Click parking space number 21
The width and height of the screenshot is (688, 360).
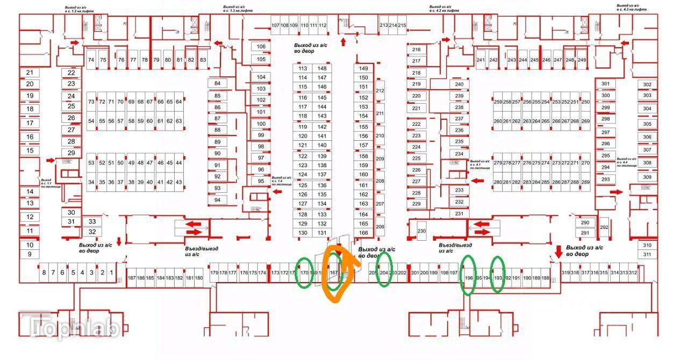click(30, 73)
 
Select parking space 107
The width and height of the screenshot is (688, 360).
click(275, 25)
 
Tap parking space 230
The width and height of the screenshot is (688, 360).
click(421, 231)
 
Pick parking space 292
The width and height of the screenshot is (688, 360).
click(604, 227)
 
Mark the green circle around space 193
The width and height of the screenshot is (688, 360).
click(498, 274)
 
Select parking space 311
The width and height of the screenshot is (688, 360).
click(647, 255)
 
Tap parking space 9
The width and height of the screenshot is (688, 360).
click(30, 254)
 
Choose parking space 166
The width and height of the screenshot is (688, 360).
click(364, 233)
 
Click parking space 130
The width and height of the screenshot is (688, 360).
click(303, 233)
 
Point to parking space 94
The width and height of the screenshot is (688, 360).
click(218, 200)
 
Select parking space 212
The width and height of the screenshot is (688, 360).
click(381, 91)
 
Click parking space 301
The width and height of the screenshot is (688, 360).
click(606, 84)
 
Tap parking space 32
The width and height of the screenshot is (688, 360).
click(92, 232)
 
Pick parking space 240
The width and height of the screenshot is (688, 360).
click(459, 84)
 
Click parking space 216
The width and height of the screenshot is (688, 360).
click(416, 49)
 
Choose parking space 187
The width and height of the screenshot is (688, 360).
click(132, 278)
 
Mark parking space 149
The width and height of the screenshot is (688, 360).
click(364, 68)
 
